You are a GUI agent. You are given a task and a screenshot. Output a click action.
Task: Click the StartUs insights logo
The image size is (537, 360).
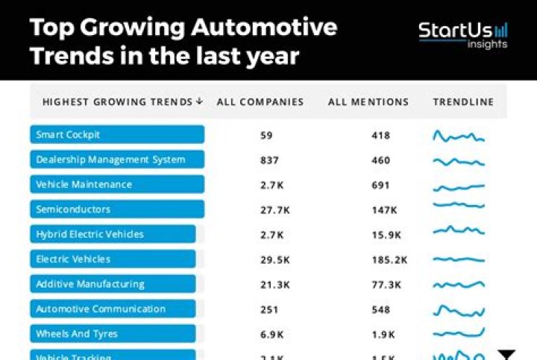coord(462,34)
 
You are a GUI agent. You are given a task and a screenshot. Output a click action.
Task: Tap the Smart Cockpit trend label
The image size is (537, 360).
coord(69,135)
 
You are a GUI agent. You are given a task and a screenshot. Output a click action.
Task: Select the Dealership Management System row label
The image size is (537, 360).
coord(110,160)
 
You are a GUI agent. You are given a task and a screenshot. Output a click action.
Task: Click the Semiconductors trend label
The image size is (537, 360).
coord(73,209)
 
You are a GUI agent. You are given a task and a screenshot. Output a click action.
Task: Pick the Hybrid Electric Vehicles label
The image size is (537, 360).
coord(89,234)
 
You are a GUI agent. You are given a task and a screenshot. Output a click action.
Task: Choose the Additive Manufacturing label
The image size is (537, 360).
coord(90,284)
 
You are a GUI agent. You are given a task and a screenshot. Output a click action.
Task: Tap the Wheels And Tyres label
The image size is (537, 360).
coord(77,334)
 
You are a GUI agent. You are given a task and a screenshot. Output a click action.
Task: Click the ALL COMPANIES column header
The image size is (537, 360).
coord(260,102)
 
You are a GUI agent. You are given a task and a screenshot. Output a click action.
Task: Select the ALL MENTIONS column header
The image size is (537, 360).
coord(368,102)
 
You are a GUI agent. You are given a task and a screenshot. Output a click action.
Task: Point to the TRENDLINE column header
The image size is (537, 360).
coord(463,102)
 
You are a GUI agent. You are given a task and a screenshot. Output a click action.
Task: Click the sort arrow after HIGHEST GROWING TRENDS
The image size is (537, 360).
coord(199,101)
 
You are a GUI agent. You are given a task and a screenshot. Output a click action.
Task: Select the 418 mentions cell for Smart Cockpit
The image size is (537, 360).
coord(380,136)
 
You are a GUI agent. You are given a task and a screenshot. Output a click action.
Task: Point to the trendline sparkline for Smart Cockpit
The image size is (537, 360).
coord(459,136)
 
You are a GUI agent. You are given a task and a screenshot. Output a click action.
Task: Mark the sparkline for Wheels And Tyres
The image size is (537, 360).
coord(459,333)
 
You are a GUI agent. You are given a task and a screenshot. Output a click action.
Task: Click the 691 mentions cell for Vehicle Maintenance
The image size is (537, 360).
coord(380,185)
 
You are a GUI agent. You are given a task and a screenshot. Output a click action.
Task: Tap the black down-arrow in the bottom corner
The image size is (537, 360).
coord(507,354)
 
